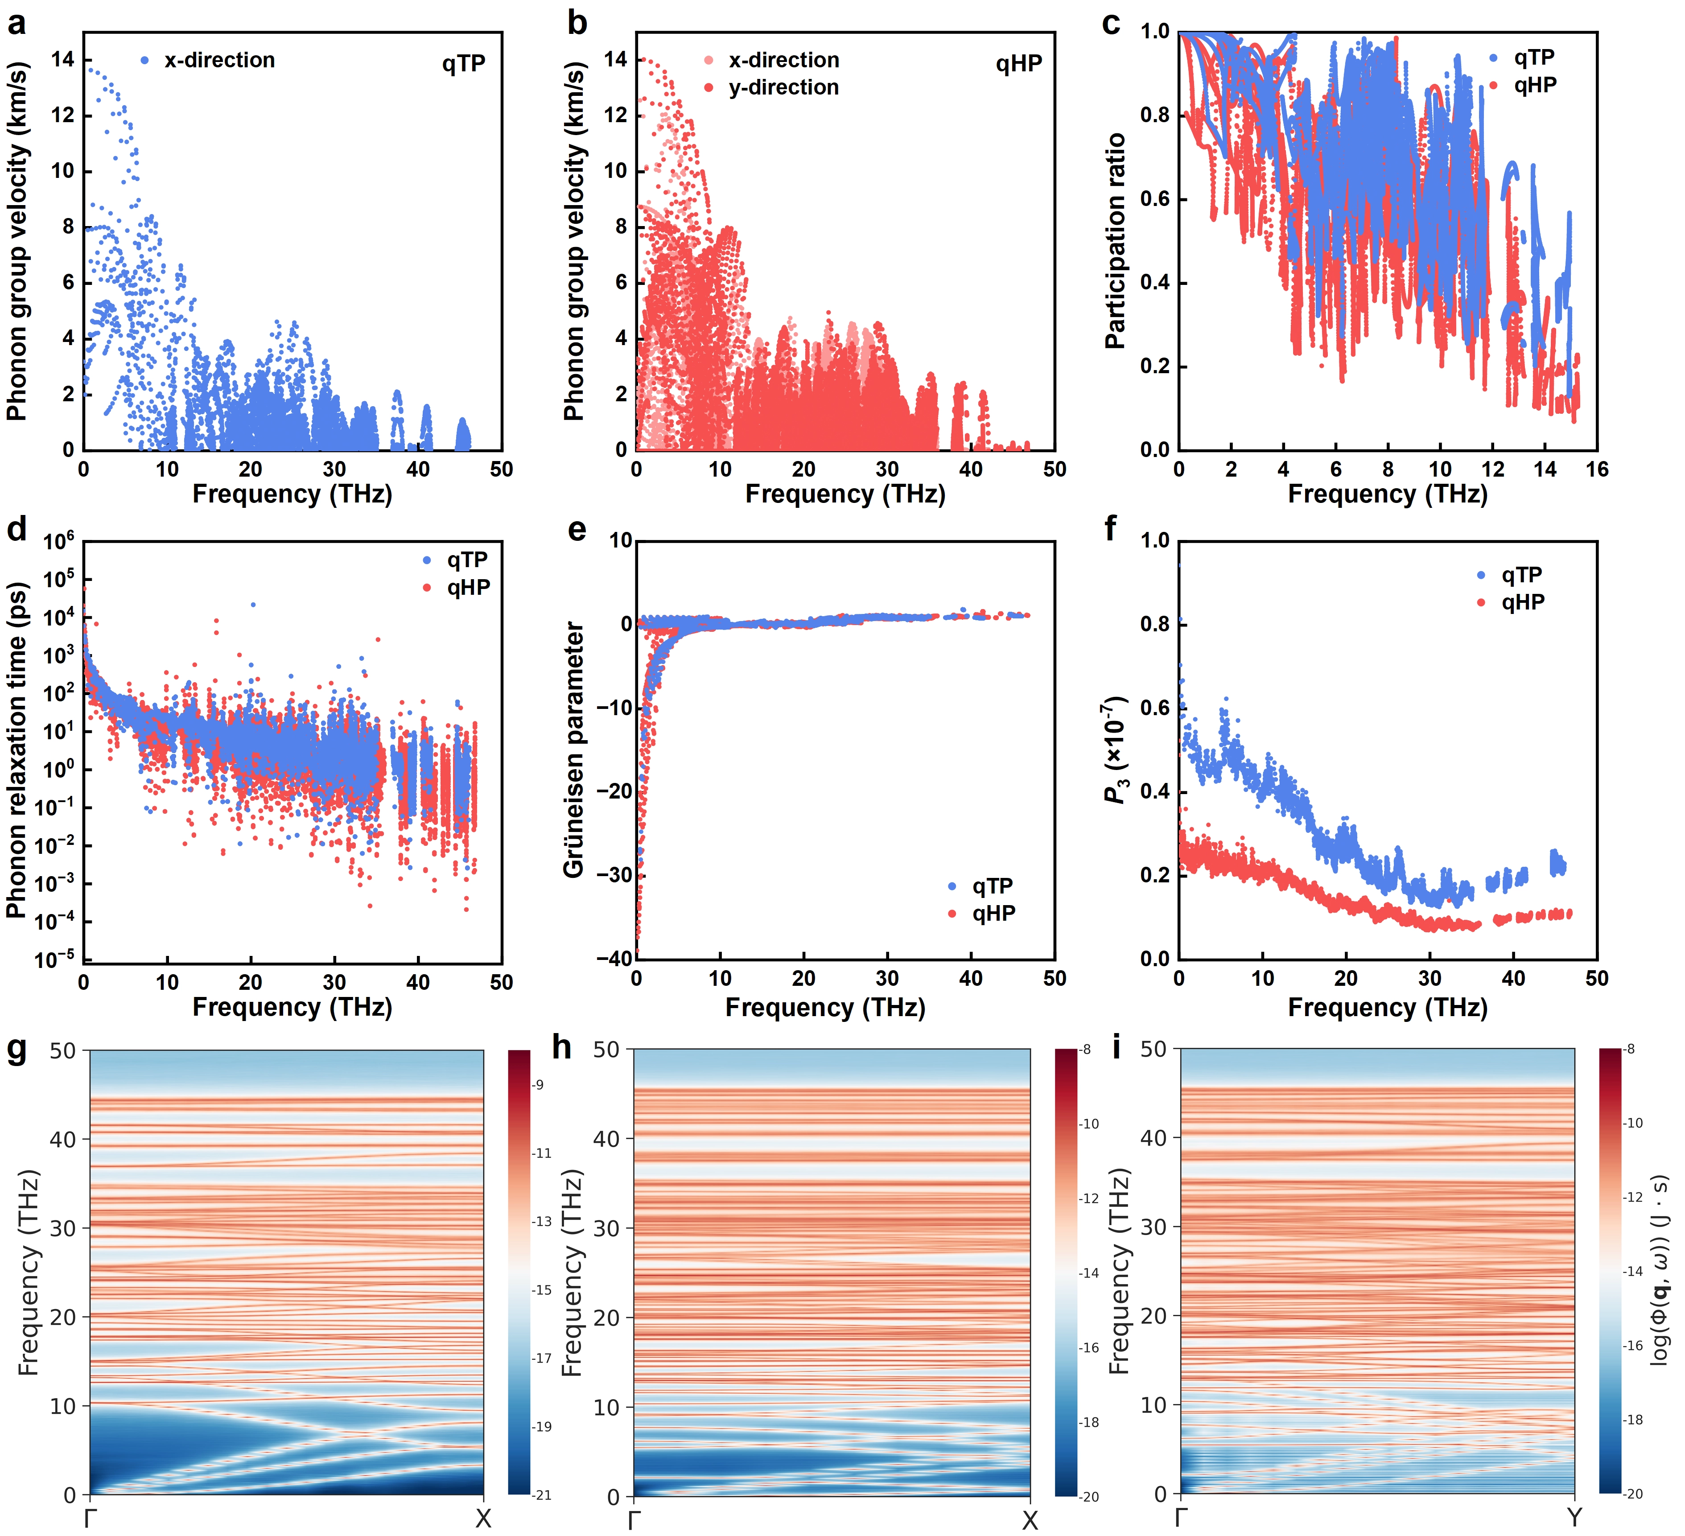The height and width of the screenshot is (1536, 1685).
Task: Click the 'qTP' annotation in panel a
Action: [x=464, y=64]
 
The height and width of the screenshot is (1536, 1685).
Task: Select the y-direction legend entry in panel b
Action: [x=771, y=88]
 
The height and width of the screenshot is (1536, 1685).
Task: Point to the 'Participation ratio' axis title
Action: [x=1115, y=241]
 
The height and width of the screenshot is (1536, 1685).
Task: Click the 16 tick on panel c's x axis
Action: [x=1596, y=469]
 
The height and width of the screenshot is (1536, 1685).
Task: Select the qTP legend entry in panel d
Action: [x=456, y=560]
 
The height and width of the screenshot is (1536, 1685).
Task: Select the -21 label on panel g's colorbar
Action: [x=543, y=1495]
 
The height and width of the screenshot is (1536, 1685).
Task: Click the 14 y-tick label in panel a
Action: [x=63, y=59]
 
